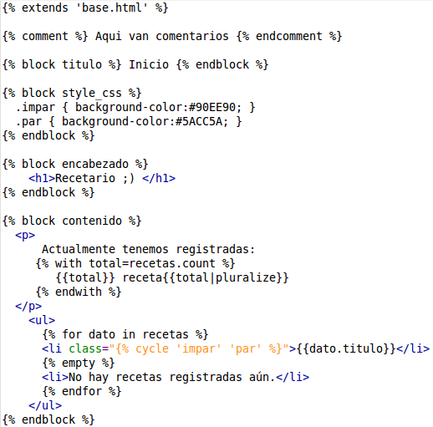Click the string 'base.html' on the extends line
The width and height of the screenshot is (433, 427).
[x=112, y=8]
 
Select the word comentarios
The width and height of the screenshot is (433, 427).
[x=192, y=36]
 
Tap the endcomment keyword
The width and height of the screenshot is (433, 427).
[x=289, y=36]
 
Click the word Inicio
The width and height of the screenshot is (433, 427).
[x=149, y=64]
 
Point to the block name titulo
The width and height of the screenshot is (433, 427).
[x=82, y=64]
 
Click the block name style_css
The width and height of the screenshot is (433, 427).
[x=92, y=93]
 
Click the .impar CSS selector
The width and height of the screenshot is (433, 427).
[x=35, y=108]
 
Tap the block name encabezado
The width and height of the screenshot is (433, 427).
[x=95, y=164]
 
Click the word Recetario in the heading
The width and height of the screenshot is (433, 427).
[x=85, y=178]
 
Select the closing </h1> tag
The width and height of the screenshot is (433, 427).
[x=159, y=178]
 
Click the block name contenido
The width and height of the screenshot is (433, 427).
[x=92, y=221]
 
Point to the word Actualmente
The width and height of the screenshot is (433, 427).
[x=79, y=249]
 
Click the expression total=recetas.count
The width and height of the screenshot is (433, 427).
[x=152, y=263]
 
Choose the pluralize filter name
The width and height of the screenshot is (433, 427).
[x=246, y=278]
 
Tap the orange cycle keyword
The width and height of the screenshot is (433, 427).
[x=152, y=349]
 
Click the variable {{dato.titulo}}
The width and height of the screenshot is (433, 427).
[x=346, y=348]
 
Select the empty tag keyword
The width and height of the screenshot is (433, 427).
[x=79, y=363]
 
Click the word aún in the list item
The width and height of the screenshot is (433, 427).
[x=262, y=377]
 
